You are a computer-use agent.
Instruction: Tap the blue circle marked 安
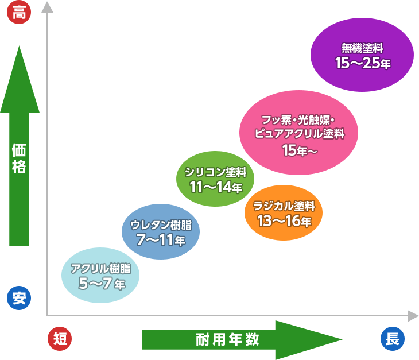(x=19, y=298)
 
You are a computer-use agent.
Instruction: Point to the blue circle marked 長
(x=393, y=339)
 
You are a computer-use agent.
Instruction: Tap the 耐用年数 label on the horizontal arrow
(x=227, y=339)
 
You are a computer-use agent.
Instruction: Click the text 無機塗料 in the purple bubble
(x=362, y=48)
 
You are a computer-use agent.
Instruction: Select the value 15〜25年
(x=363, y=64)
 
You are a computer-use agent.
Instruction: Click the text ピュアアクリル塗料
(x=299, y=134)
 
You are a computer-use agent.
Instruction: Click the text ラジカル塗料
(x=284, y=206)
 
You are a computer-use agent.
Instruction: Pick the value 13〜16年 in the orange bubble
(x=284, y=220)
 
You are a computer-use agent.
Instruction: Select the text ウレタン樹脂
(x=161, y=224)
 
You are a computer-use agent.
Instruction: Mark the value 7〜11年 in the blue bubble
(x=161, y=239)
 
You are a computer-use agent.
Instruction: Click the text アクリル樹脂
(x=100, y=268)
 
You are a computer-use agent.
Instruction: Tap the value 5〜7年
(x=101, y=283)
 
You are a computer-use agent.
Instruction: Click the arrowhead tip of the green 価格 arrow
(x=19, y=48)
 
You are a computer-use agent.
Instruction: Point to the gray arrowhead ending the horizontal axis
(x=413, y=315)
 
